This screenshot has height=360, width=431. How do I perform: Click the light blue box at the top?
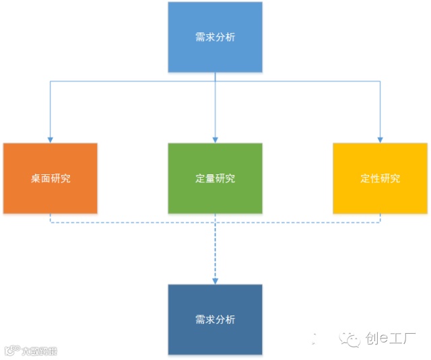[x=215, y=37]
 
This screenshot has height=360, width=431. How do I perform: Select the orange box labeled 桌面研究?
[x=51, y=178]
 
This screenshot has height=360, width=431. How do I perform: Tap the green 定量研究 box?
[x=215, y=178]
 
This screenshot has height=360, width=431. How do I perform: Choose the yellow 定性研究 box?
[x=380, y=178]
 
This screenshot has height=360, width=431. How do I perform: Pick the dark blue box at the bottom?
[x=215, y=319]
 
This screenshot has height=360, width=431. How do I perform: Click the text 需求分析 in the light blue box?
[x=215, y=37]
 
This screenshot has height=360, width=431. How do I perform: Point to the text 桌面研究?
[x=51, y=179]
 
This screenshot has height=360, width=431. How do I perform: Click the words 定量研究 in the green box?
[x=215, y=179]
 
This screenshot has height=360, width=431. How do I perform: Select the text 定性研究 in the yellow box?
[x=380, y=179]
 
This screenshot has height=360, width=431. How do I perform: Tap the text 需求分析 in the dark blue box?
[x=215, y=320]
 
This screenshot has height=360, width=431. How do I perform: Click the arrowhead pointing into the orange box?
[x=51, y=139]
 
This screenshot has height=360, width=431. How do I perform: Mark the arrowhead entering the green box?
[x=215, y=139]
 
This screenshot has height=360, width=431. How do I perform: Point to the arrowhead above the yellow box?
[x=380, y=139]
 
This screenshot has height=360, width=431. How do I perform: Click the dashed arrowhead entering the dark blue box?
[x=215, y=280]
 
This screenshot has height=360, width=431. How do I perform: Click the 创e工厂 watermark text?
[x=391, y=340]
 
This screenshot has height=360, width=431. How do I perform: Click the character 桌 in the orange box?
[x=36, y=179]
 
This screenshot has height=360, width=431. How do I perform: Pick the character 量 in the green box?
[x=210, y=179]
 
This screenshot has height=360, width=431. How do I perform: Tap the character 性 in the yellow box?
[x=375, y=179]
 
